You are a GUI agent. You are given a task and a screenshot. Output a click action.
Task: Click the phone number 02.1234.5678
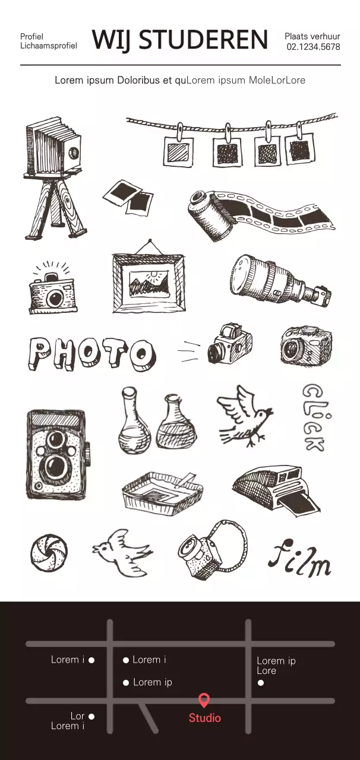pyautogui.click(x=313, y=47)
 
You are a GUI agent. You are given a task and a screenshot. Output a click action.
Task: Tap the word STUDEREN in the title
pyautogui.click(x=203, y=40)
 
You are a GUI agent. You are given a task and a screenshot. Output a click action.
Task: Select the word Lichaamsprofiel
pyautogui.click(x=49, y=46)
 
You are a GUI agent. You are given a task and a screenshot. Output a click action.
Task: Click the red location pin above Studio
pyautogui.click(x=204, y=700)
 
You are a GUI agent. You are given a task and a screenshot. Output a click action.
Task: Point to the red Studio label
pyautogui.click(x=205, y=718)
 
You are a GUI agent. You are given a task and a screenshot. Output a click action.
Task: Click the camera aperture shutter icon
pyautogui.click(x=49, y=553)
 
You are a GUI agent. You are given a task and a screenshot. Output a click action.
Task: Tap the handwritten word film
pyautogui.click(x=299, y=557)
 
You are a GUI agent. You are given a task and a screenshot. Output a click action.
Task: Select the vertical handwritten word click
pyautogui.click(x=314, y=417)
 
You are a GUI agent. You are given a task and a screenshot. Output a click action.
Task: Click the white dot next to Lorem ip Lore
pyautogui.click(x=261, y=682)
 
